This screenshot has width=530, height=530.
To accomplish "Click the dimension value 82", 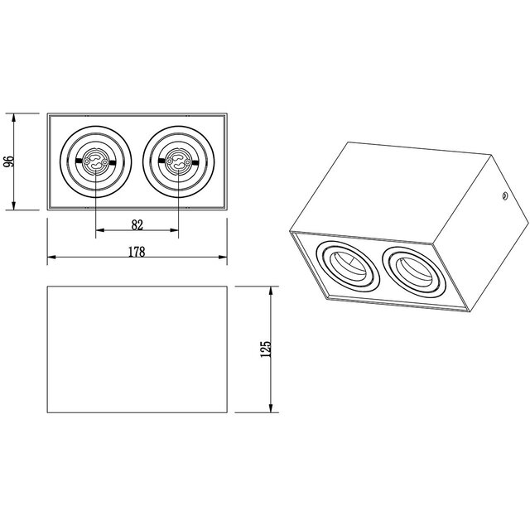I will [x=137, y=224].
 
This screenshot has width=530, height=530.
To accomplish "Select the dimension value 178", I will [x=137, y=253].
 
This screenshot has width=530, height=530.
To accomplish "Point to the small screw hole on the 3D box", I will [x=502, y=196].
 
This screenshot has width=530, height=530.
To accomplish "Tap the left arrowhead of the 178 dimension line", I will [x=51, y=258].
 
